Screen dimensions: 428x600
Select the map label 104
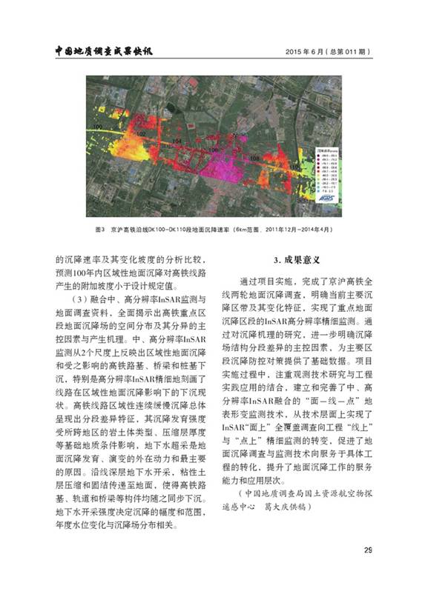pyautogui.click(x=177, y=140)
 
